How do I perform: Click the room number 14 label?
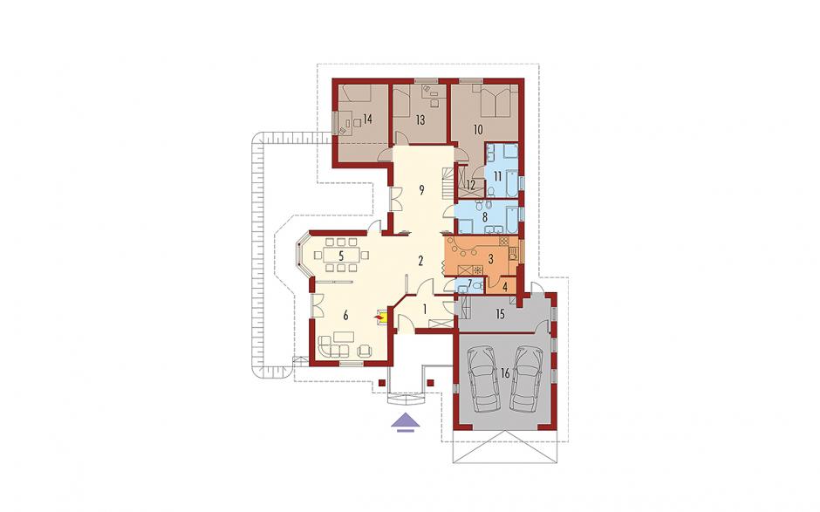tap(366, 119)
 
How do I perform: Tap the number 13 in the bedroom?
tap(420, 120)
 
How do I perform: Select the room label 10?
tap(477, 130)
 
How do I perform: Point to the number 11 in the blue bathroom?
tap(496, 176)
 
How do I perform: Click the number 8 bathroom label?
tap(484, 216)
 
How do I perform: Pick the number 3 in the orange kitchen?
tap(490, 258)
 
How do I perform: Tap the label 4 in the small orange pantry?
tap(505, 287)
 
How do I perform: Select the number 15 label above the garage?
tap(500, 314)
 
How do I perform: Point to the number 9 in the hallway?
tap(421, 190)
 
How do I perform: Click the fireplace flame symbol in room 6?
tap(378, 317)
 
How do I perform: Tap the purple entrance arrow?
tap(404, 422)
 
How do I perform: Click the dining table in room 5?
tap(340, 256)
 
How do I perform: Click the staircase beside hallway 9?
tap(448, 182)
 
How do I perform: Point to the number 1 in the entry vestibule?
tap(425, 310)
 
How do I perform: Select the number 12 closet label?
tap(471, 184)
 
